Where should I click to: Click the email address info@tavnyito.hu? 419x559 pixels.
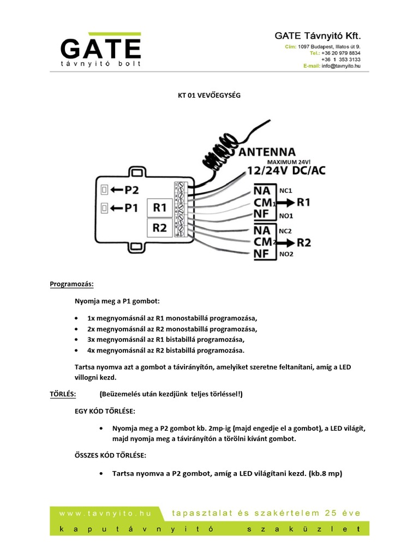(x=340, y=66)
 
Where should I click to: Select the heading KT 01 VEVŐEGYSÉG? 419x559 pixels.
(x=209, y=95)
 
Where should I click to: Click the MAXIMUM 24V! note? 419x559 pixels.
(x=292, y=162)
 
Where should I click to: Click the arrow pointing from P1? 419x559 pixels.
(x=117, y=208)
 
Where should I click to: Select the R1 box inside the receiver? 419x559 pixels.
(x=159, y=208)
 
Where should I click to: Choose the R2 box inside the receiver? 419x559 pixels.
(x=159, y=228)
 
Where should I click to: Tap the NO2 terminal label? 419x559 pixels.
(x=286, y=254)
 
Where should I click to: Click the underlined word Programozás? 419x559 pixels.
(x=71, y=284)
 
